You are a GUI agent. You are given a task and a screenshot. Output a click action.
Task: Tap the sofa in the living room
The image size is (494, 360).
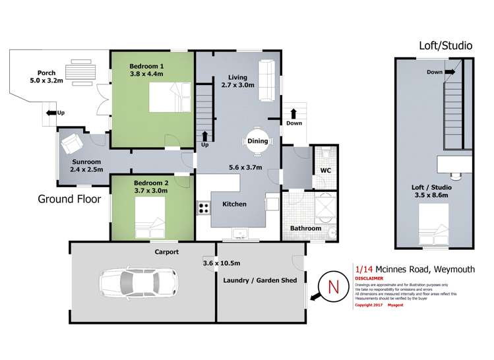pyautogui.click(x=267, y=80)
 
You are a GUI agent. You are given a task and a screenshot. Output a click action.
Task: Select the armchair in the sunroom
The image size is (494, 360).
pyautogui.click(x=71, y=142)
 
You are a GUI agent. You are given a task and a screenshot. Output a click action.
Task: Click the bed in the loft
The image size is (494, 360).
pyautogui.click(x=434, y=224)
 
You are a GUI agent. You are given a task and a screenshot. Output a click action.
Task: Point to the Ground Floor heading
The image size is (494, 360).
pyautogui.click(x=68, y=199)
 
